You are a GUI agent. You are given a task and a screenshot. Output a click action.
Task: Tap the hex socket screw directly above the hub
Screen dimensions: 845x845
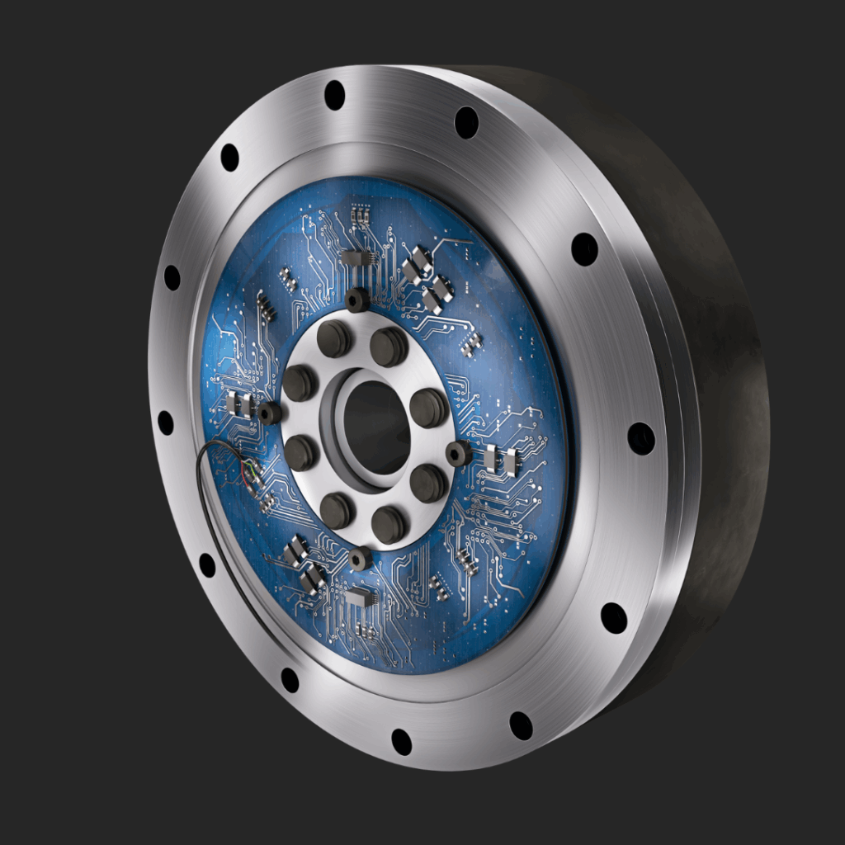pyautogui.click(x=357, y=300)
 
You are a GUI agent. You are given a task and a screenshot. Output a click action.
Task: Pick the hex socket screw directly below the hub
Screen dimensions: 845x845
pyautogui.click(x=360, y=559)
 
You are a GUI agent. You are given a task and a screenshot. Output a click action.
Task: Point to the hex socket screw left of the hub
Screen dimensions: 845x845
pyautogui.click(x=269, y=413)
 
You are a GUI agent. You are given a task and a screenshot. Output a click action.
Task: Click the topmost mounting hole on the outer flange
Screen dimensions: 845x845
pyautogui.click(x=334, y=95)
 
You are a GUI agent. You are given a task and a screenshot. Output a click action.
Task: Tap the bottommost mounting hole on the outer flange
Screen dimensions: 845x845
pyautogui.click(x=402, y=741)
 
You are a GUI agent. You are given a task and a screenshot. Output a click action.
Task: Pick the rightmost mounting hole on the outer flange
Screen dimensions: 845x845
pyautogui.click(x=640, y=438)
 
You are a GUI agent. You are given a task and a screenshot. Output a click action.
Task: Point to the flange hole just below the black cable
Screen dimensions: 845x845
pyautogui.click(x=207, y=565)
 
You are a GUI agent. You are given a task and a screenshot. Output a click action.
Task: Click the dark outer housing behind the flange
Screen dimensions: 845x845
pyautogui.click(x=726, y=413)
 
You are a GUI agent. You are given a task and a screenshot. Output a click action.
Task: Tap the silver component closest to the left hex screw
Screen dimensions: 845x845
pyautogui.click(x=239, y=404)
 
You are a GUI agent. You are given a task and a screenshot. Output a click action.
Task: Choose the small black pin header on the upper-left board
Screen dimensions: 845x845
pyautogui.click(x=265, y=307)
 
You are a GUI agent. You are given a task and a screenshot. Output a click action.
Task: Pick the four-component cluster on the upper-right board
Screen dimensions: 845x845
pyautogui.click(x=427, y=281)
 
